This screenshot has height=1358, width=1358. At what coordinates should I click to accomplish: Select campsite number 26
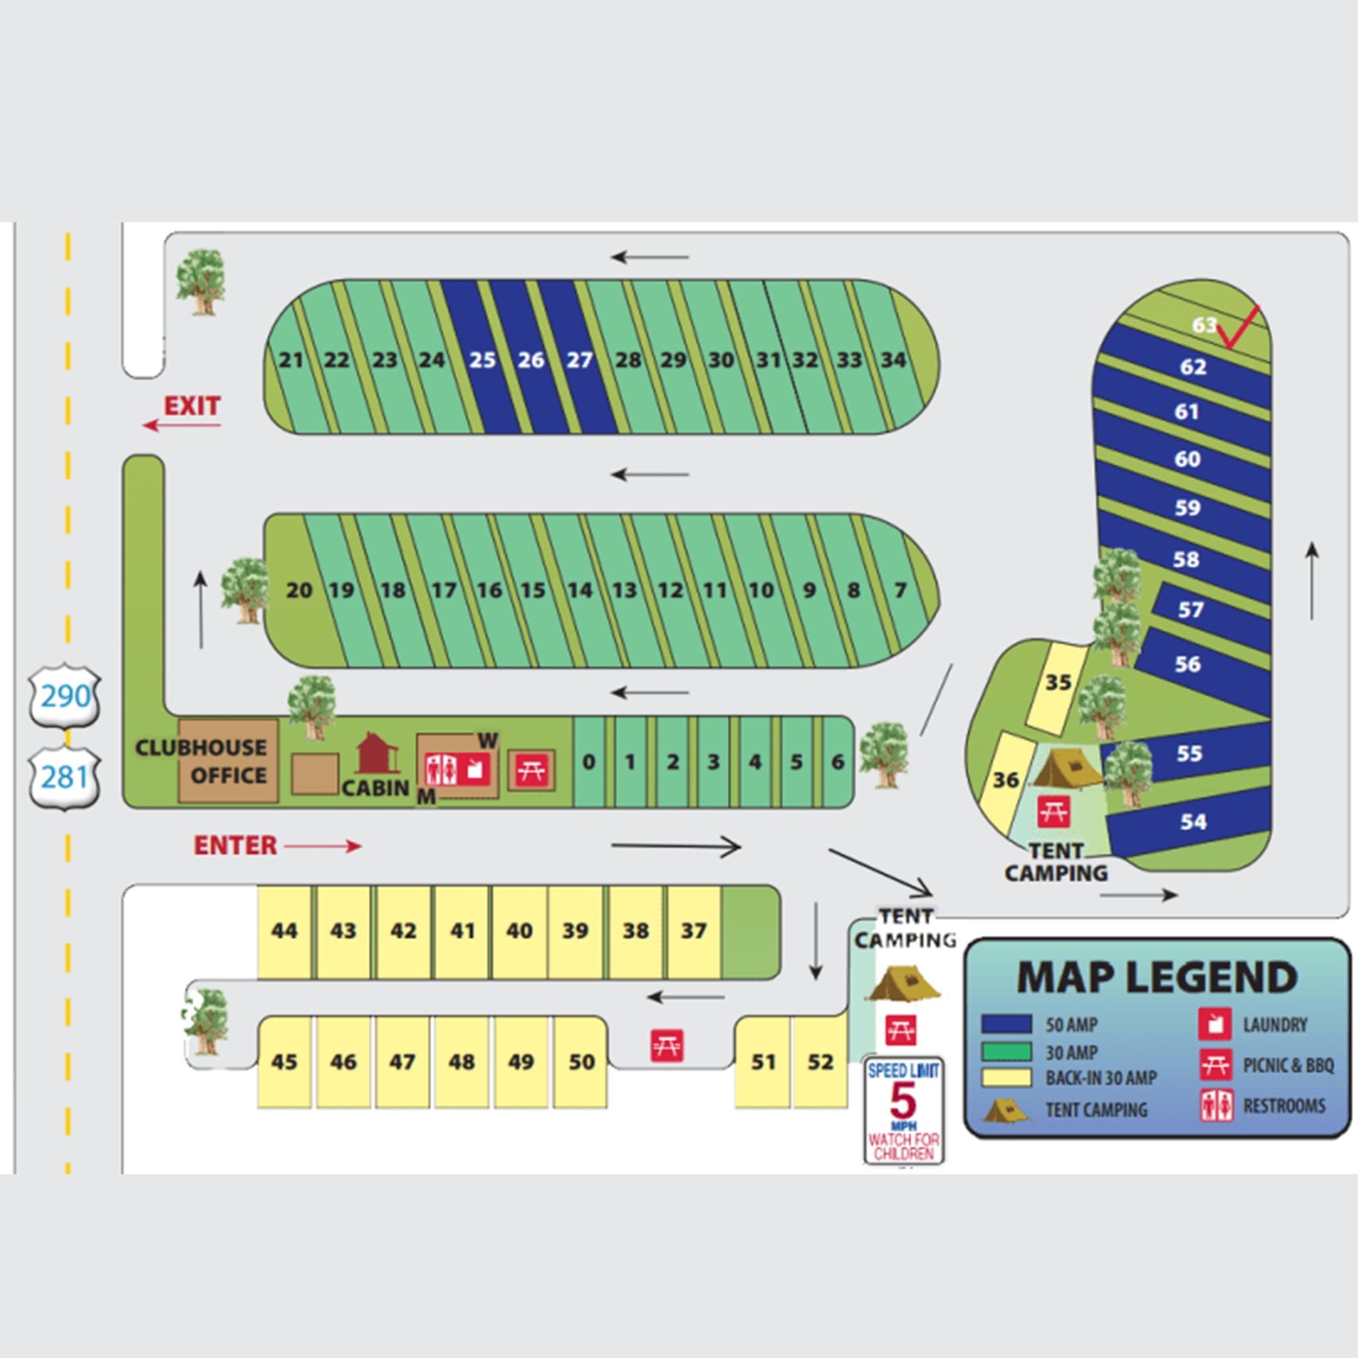(530, 360)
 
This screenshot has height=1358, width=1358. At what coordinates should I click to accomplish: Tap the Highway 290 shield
(65, 696)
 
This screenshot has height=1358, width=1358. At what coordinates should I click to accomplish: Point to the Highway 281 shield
(65, 777)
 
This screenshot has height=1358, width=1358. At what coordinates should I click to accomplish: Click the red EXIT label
(192, 406)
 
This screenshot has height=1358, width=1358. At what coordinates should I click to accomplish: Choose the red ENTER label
(235, 845)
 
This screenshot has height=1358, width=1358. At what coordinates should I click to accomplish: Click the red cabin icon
(377, 754)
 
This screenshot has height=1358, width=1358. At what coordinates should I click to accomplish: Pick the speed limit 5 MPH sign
(903, 1111)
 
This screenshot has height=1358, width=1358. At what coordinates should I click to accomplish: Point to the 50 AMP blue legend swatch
(1007, 1024)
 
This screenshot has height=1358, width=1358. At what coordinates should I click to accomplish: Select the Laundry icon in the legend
(1215, 1024)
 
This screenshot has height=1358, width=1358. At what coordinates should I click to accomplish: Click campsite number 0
(589, 761)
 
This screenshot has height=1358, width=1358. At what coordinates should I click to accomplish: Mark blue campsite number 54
(1193, 821)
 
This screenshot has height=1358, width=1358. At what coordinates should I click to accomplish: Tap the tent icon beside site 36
(1067, 771)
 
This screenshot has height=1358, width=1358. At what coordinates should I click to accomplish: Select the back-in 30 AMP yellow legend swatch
(1007, 1078)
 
